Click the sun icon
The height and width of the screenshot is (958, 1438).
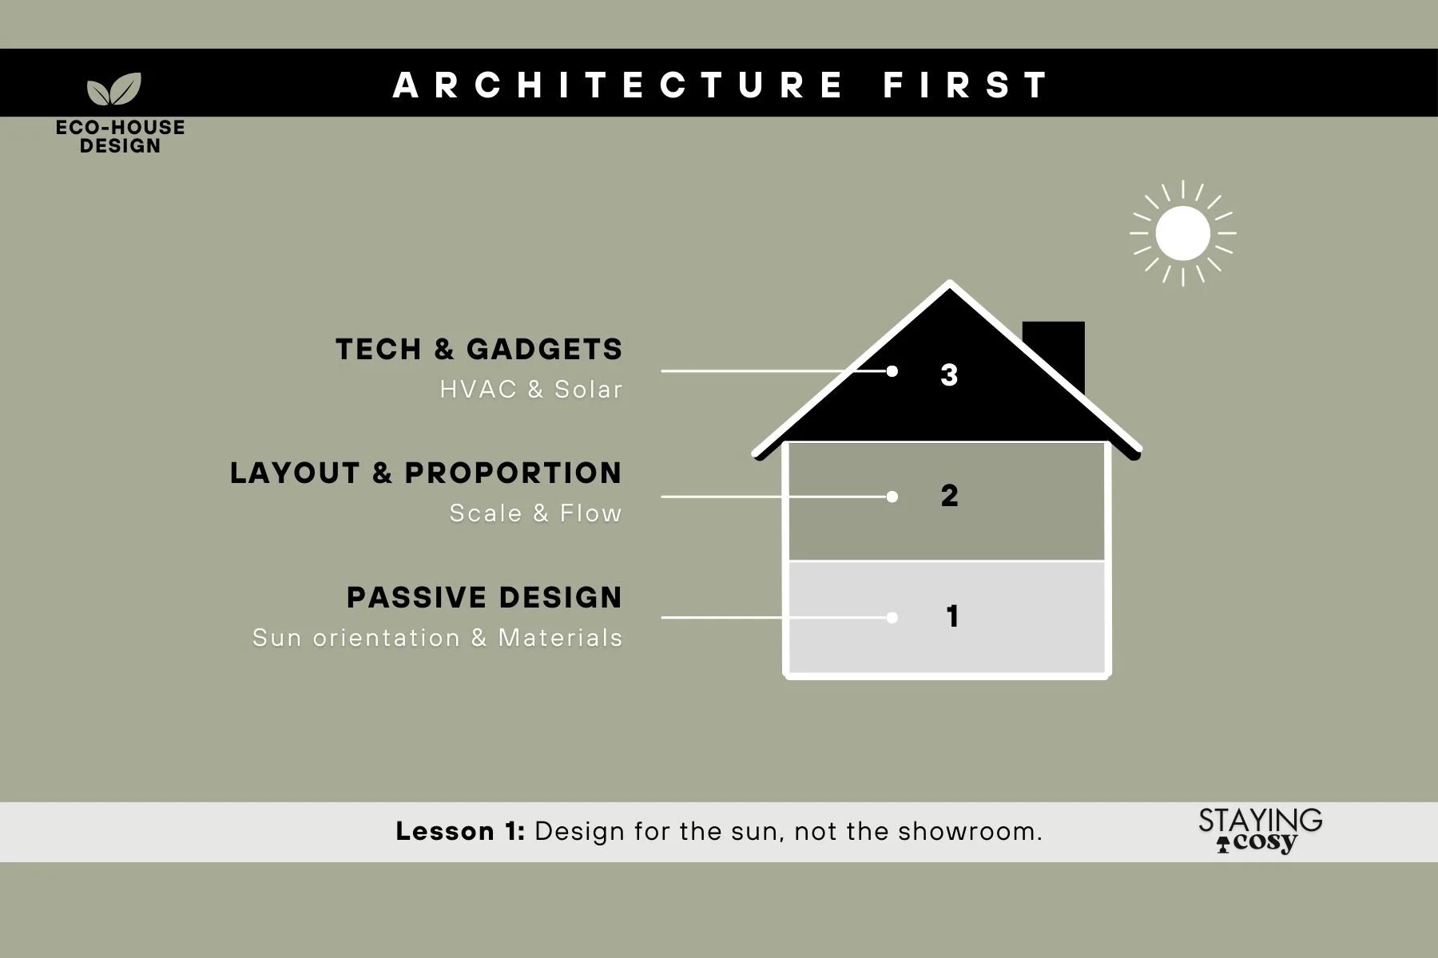pos(1182,233)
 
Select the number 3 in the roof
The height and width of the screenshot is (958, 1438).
pos(949,374)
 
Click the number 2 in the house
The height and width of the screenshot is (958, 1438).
pos(949,496)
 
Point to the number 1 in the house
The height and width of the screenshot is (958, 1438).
pos(951,616)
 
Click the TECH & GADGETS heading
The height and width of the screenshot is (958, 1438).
pos(479,350)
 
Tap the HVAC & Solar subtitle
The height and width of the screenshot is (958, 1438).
pos(530,390)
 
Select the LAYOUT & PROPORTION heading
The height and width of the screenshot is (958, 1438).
pos(426,473)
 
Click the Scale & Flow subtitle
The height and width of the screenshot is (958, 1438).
pos(535,513)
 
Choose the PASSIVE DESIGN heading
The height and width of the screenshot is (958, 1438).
pos(484,598)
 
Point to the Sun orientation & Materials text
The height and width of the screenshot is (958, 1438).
pos(437,638)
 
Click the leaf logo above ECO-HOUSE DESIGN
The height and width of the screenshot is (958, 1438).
pos(114,89)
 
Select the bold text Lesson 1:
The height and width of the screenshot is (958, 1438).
pos(460,831)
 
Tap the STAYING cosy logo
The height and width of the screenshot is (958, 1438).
pos(1260,830)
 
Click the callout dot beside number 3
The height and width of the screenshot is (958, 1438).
pos(892,371)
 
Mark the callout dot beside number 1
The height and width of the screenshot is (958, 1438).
pos(892,617)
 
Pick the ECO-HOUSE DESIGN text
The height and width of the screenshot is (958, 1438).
pos(120,137)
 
